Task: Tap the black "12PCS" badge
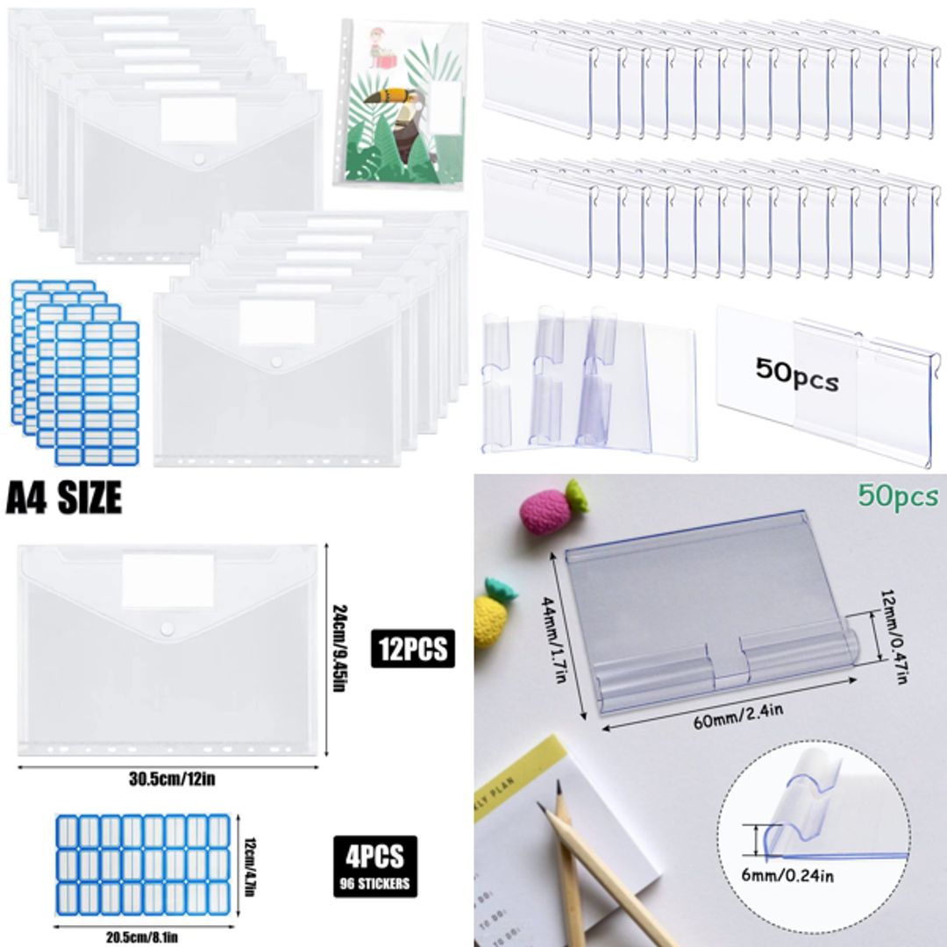tap(413, 649)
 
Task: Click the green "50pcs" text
tap(898, 497)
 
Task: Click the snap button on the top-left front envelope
tap(198, 159)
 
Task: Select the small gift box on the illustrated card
tap(382, 59)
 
